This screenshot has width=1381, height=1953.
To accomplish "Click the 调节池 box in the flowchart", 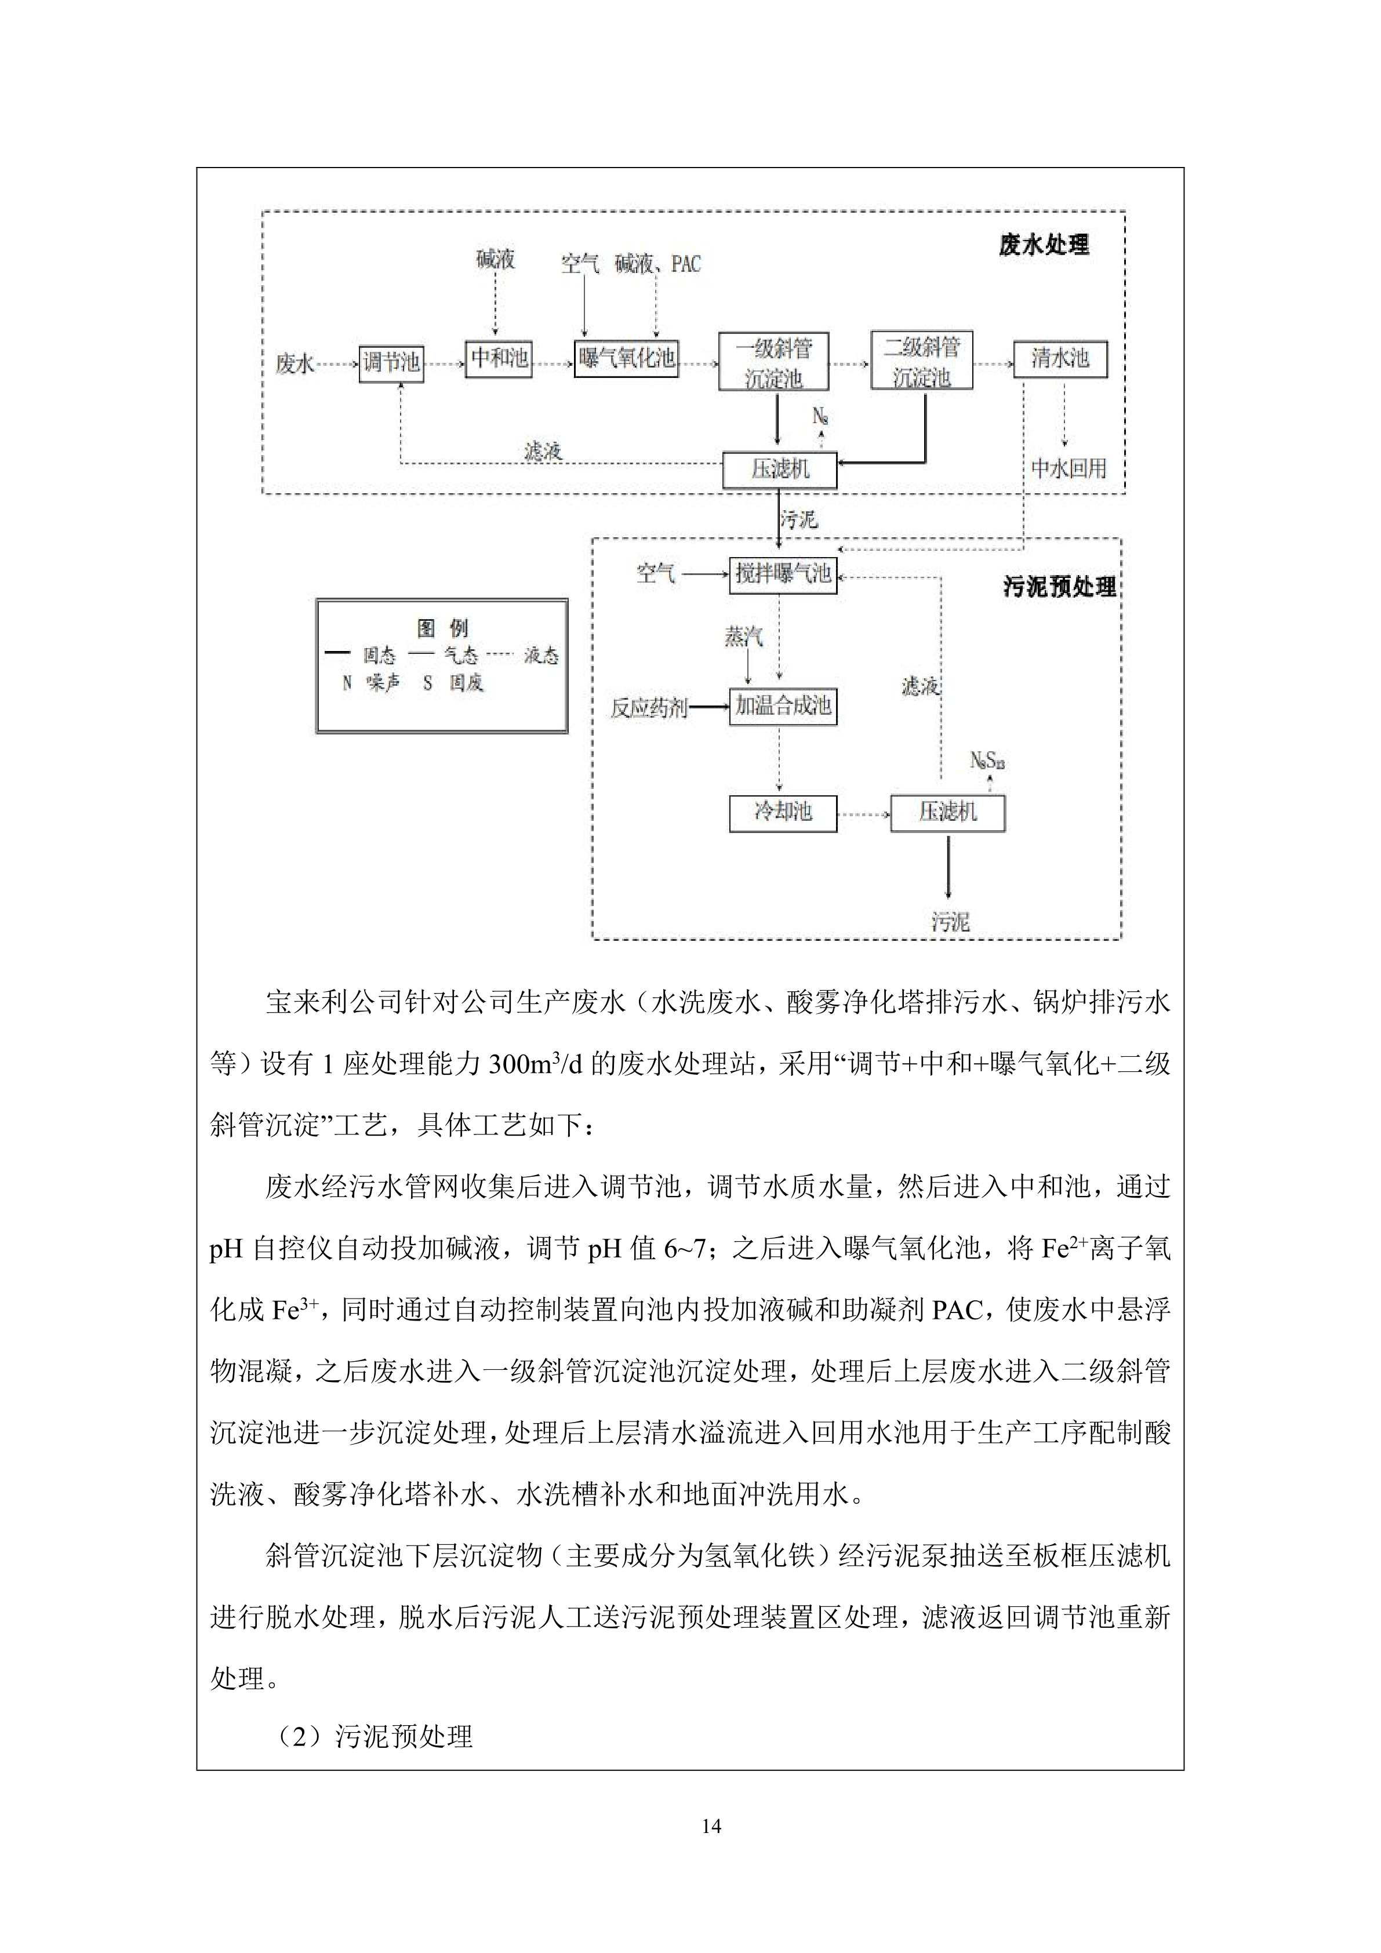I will click(x=391, y=364).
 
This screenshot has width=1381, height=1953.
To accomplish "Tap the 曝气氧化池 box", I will click(x=626, y=358).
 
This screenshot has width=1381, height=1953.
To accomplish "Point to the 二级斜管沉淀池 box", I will click(x=921, y=362).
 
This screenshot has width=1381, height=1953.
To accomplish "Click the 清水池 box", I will click(x=1060, y=358).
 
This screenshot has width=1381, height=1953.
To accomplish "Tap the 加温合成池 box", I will click(x=783, y=706).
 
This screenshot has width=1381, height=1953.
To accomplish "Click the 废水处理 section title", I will click(x=1044, y=246).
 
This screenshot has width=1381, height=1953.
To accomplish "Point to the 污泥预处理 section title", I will click(x=1059, y=587).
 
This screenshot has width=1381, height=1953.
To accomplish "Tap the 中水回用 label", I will click(x=1069, y=469).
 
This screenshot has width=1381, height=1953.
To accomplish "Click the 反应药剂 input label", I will click(x=648, y=708).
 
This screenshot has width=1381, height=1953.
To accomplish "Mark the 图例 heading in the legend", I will click(x=442, y=628).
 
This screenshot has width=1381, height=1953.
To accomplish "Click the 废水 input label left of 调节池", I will click(x=295, y=365).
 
